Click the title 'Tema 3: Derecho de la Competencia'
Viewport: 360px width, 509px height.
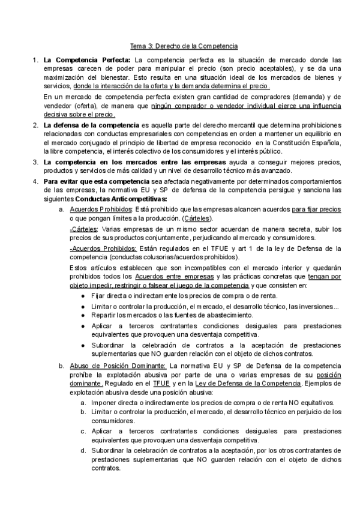tap(185, 46)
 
